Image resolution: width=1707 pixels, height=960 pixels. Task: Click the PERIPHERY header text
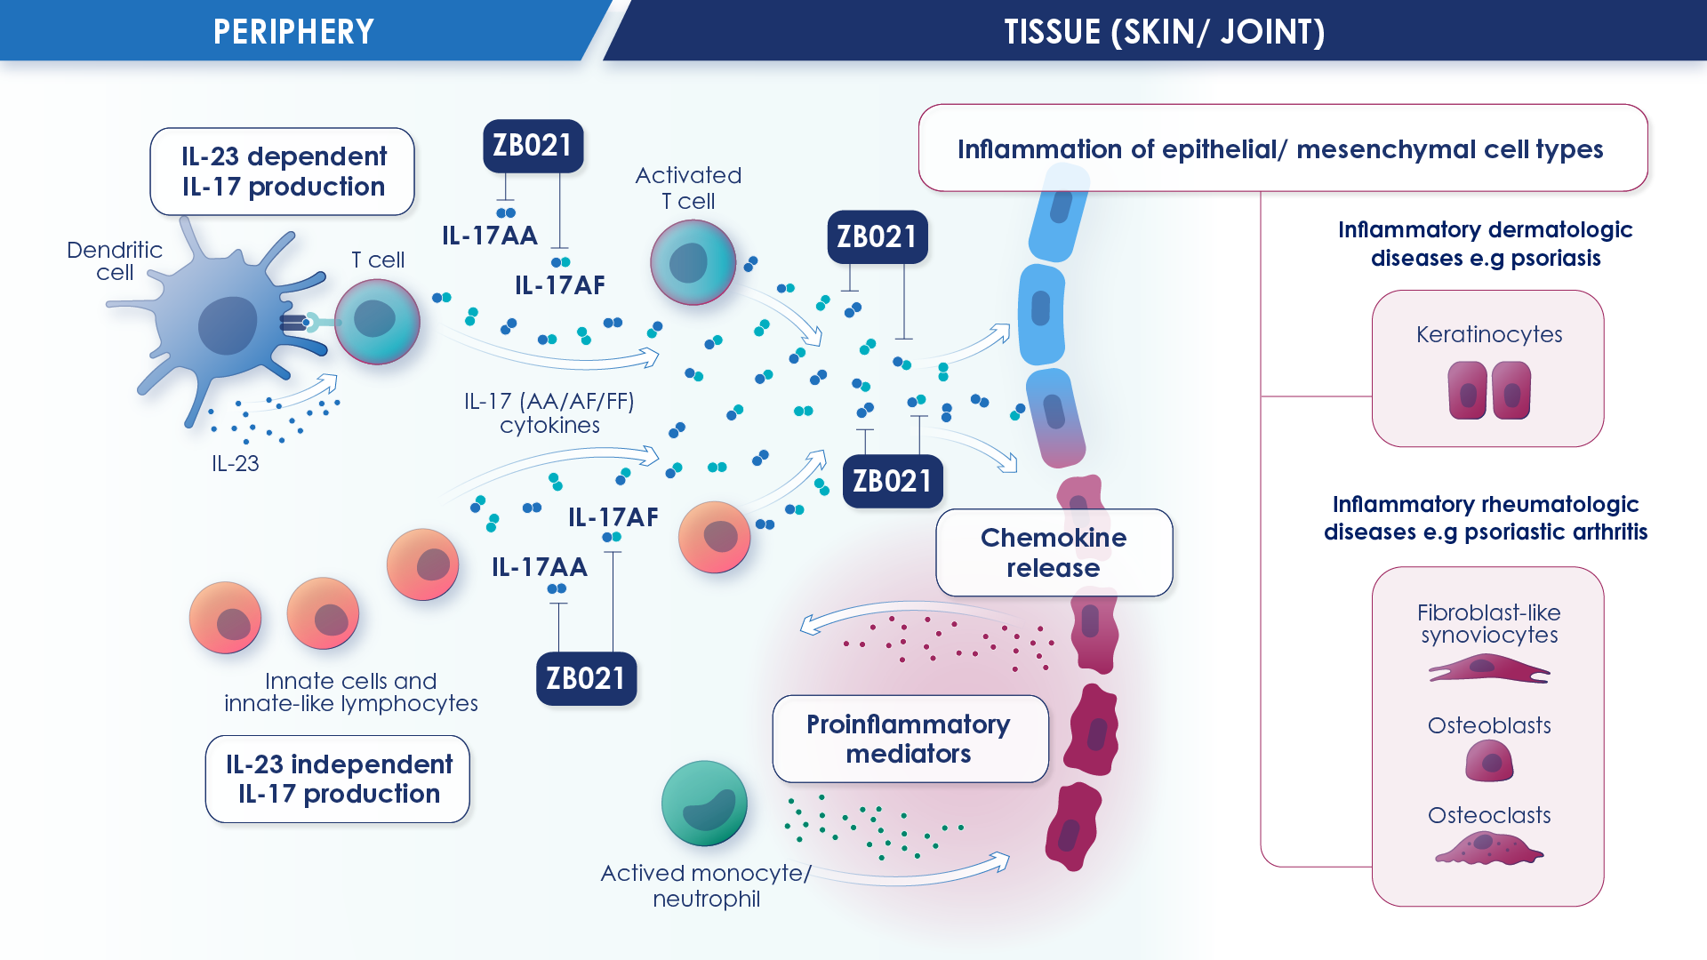point(293,32)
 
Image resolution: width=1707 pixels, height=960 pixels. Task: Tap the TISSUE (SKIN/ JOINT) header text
point(1165,32)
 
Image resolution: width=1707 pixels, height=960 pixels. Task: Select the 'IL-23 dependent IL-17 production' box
point(283,172)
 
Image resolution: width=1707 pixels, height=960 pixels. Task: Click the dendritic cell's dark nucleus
point(228,325)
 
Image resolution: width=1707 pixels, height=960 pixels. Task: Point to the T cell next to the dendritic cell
point(377,322)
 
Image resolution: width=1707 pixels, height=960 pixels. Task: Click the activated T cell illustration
point(693,262)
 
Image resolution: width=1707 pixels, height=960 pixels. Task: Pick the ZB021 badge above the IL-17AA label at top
point(533,146)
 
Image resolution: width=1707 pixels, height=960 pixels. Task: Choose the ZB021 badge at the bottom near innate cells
point(587,679)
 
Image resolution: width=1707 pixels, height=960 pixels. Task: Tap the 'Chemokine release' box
point(1054,553)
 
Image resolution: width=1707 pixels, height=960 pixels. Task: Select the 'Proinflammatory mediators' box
point(910,739)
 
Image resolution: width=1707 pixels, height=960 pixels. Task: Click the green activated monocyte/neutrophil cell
point(704,804)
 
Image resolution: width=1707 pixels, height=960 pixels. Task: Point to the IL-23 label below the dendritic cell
point(236,463)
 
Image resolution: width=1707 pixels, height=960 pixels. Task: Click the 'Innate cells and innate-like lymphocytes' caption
point(351,692)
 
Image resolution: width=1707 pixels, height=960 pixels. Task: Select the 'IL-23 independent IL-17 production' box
point(338,779)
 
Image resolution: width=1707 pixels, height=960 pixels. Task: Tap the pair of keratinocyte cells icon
point(1489,390)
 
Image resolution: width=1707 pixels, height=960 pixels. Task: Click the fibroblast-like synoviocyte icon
point(1489,668)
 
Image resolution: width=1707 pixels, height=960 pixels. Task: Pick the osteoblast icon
point(1489,761)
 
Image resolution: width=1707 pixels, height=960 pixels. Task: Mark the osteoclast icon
point(1489,848)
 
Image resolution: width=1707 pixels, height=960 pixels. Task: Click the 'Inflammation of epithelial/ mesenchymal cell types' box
point(1283,148)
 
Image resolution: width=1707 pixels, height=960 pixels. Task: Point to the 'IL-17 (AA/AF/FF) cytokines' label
point(549,413)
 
